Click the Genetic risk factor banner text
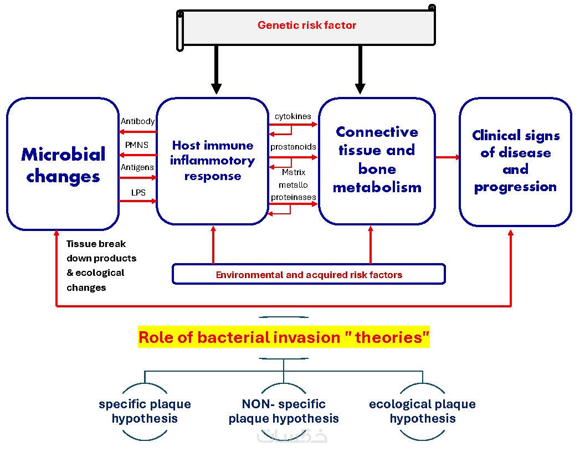pos(307,25)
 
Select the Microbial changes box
pos(63,165)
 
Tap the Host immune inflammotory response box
pos(212,161)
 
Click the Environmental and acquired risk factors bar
pos(309,275)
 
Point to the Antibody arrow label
pos(137,121)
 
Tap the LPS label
pos(138,193)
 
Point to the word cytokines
pos(293,116)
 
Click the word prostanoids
pos(293,147)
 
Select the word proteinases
pos(293,197)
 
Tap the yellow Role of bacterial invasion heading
pos(284,337)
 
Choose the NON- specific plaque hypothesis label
pos(284,411)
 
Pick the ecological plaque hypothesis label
pos(422,411)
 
